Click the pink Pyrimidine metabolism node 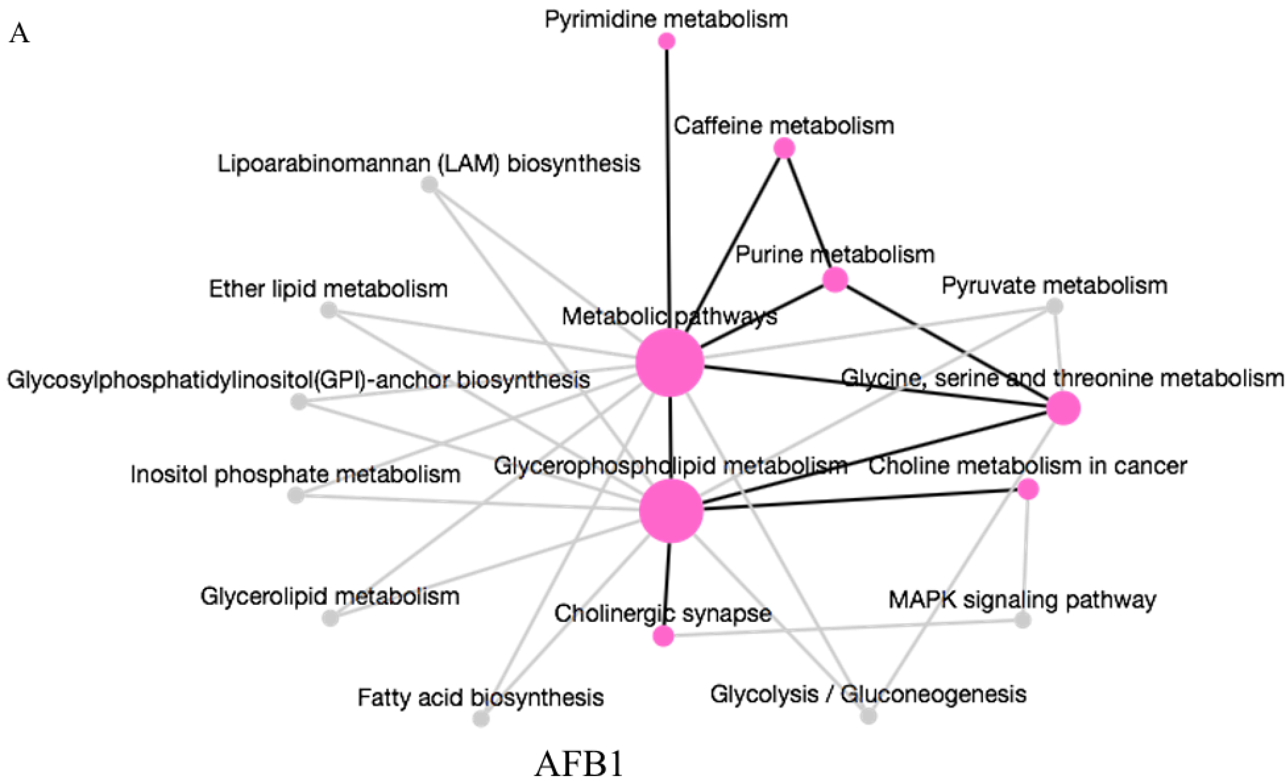[666, 41]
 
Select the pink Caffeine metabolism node [784, 149]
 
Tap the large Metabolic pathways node [670, 362]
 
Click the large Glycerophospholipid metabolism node [671, 511]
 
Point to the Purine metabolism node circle [835, 280]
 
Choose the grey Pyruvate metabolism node [1055, 306]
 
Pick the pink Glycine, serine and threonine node [1063, 408]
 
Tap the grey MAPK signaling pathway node [1023, 620]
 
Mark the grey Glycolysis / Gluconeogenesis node [868, 716]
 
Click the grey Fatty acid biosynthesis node [481, 719]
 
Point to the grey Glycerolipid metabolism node [330, 618]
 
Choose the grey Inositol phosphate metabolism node [296, 495]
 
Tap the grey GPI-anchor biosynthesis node [299, 402]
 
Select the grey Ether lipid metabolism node [328, 311]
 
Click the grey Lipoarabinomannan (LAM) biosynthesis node [429, 184]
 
